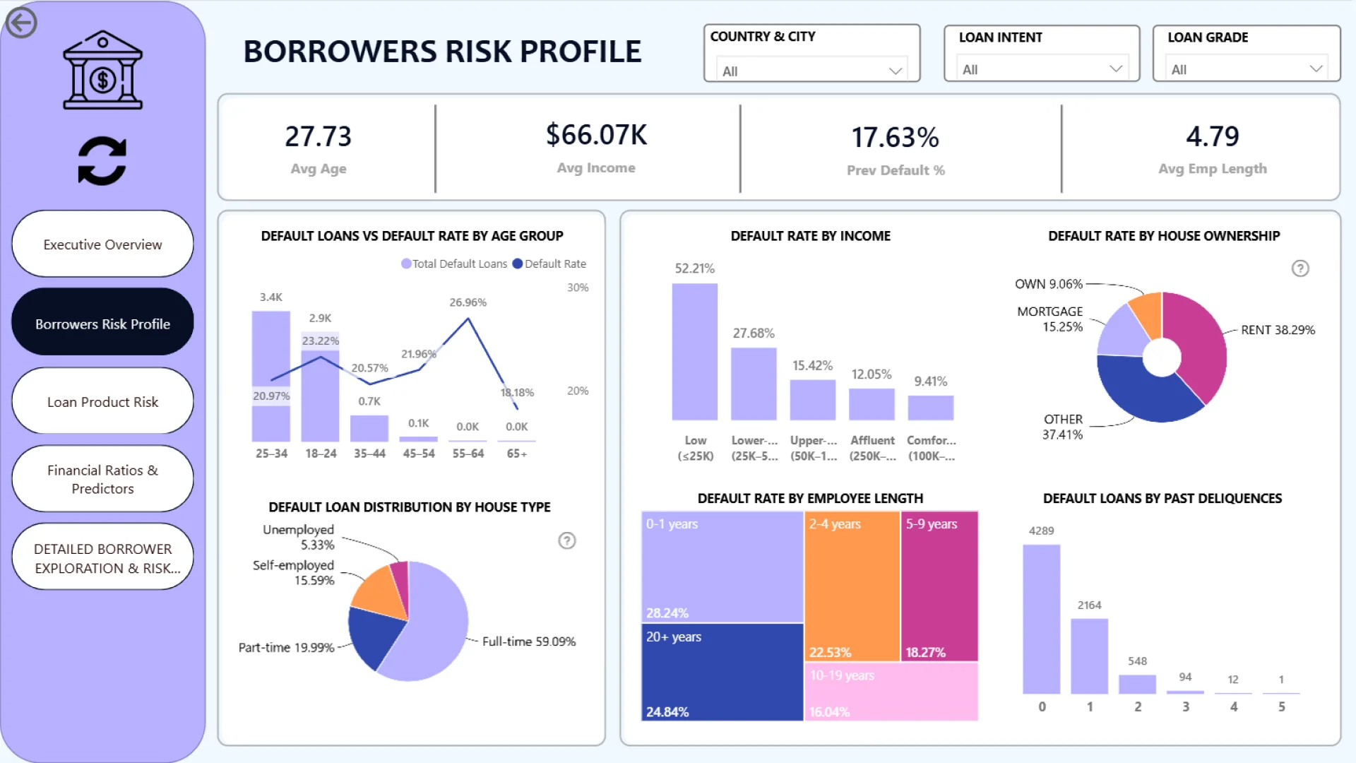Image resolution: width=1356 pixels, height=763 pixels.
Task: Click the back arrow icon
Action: pyautogui.click(x=21, y=23)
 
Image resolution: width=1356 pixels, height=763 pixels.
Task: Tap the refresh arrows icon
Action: pyautogui.click(x=102, y=161)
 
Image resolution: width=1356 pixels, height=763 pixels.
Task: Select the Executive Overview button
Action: pyautogui.click(x=102, y=244)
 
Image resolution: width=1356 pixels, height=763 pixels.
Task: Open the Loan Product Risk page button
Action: pyautogui.click(x=102, y=401)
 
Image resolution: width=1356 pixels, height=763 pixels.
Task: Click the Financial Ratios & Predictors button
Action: pyautogui.click(x=102, y=479)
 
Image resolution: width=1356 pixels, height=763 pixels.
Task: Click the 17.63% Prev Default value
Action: pyautogui.click(x=895, y=138)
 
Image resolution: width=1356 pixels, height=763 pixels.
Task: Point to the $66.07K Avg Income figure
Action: pyautogui.click(x=596, y=135)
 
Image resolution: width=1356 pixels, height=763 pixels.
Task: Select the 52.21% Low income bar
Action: pyautogui.click(x=694, y=352)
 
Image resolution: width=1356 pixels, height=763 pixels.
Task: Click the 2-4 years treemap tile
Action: pyautogui.click(x=852, y=586)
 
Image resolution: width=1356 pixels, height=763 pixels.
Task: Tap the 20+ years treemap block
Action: pyautogui.click(x=722, y=671)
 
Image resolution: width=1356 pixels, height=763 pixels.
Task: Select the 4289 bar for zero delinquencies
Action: pyautogui.click(x=1041, y=619)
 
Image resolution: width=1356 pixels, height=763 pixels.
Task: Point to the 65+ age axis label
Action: pyautogui.click(x=517, y=454)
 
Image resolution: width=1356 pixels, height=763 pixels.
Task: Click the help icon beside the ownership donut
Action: pyautogui.click(x=1300, y=268)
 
